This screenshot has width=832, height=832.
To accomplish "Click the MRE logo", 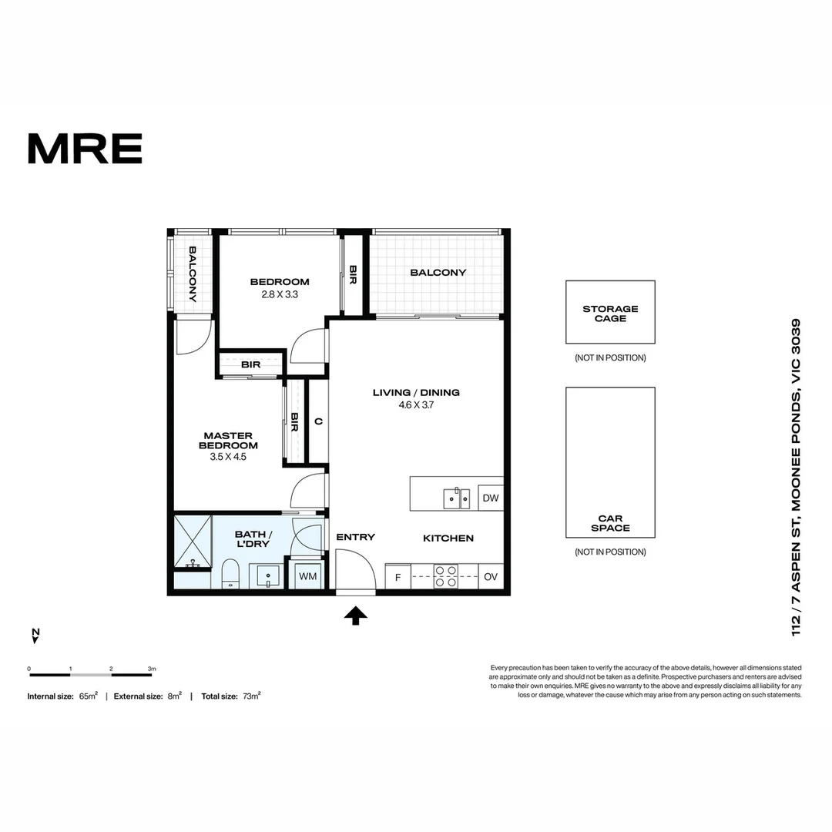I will point(85,149).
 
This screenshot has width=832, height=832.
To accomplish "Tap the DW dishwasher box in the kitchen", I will point(491,498).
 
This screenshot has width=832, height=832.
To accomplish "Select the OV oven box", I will point(491,577).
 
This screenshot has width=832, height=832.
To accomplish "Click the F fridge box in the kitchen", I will point(398,577).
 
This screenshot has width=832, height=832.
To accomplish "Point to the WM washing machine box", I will point(307,576).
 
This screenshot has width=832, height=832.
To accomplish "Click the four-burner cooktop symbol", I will point(446,576).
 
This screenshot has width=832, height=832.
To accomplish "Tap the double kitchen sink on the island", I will point(456,498).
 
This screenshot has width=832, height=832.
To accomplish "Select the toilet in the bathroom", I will point(230,575).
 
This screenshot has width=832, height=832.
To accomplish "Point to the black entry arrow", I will point(355,615).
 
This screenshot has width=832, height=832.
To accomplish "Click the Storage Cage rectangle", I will point(610,312).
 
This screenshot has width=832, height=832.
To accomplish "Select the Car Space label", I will point(610,524).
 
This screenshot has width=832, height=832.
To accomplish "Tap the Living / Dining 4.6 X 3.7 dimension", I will point(416,405).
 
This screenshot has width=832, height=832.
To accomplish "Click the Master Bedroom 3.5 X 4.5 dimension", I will point(228,456).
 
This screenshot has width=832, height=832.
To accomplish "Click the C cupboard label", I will point(318,421).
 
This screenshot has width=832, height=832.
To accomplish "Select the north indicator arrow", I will point(35,636).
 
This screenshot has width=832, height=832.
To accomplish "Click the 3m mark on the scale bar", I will point(152,669).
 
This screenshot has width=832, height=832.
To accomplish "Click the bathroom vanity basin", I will point(267,575).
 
